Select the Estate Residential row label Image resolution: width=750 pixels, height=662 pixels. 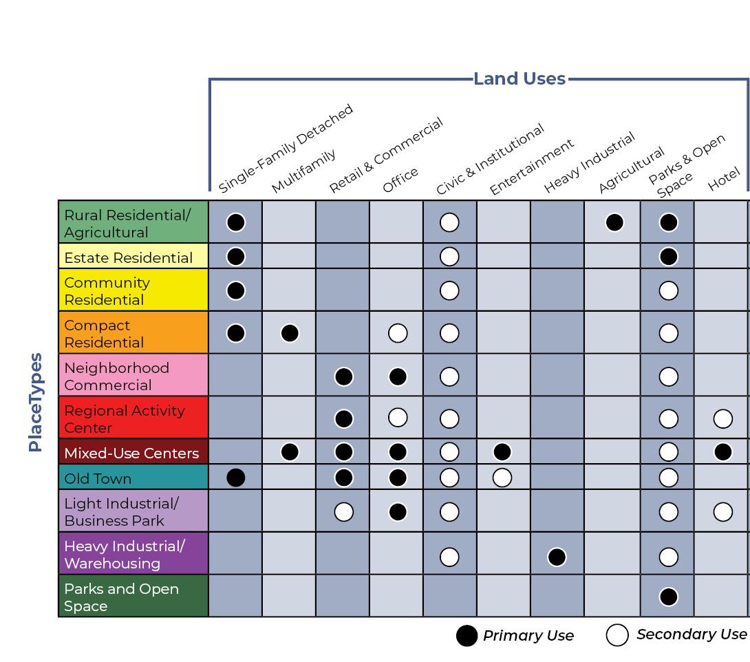tap(129, 257)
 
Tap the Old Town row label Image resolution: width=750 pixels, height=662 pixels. tap(98, 478)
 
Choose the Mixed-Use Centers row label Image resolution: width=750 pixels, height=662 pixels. tap(131, 453)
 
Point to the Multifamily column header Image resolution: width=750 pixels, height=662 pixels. tap(303, 172)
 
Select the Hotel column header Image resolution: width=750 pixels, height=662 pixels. tap(724, 178)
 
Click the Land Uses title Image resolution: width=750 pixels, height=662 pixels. tap(519, 78)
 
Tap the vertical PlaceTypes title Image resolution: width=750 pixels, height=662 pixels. tap(36, 402)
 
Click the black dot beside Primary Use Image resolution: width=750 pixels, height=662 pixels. tap(467, 636)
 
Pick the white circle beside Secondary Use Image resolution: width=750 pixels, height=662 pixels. tap(617, 635)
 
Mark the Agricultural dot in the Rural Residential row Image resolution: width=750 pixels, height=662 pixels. tap(614, 222)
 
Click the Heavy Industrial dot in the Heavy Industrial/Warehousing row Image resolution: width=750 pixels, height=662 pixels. tap(557, 556)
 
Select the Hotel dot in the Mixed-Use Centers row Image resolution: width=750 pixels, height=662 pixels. tap(723, 451)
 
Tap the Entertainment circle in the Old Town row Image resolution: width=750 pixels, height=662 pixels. tap(502, 478)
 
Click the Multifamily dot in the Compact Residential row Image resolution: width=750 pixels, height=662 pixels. tap(290, 333)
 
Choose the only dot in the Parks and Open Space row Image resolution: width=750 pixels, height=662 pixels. tap(668, 596)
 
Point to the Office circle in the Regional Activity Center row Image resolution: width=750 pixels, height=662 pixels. tap(398, 418)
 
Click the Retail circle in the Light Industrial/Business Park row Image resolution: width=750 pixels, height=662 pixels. tap(343, 512)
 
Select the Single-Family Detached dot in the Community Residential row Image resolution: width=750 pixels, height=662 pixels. tap(235, 290)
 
